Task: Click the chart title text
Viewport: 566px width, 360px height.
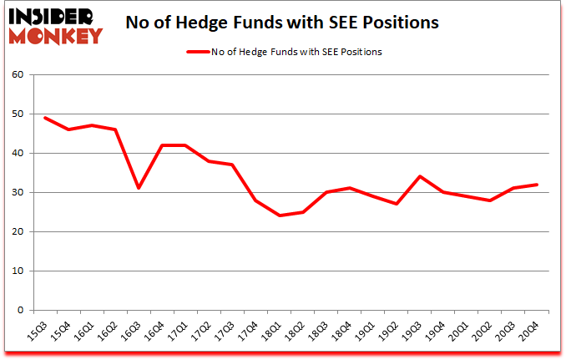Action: [x=281, y=23]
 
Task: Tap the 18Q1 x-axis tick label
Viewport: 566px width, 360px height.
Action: [x=273, y=330]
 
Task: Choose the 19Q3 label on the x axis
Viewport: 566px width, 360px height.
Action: [x=413, y=330]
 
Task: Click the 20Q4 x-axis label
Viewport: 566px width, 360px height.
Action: [x=530, y=330]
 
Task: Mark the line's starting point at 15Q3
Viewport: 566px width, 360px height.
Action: [x=45, y=118]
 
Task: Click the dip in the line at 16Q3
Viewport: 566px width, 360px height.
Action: [x=139, y=188]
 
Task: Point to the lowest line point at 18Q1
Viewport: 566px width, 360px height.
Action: [x=279, y=215]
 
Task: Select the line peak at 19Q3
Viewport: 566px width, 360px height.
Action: [x=419, y=176]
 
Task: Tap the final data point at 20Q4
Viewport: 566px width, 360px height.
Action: [x=536, y=185]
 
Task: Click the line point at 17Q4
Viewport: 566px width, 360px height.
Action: [x=255, y=200]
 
